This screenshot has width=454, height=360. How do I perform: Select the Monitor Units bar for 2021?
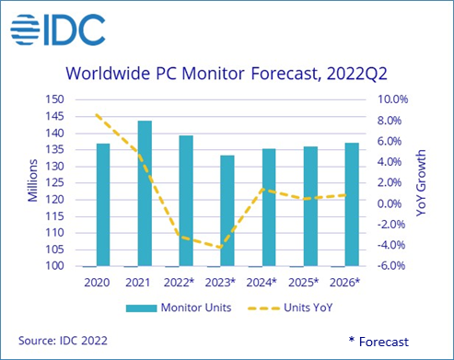(145, 193)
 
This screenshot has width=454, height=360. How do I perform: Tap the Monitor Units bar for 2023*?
(227, 211)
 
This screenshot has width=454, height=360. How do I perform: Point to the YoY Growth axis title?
(425, 182)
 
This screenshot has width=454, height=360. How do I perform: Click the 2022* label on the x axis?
(186, 283)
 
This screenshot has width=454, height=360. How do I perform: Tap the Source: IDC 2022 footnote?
(61, 341)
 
